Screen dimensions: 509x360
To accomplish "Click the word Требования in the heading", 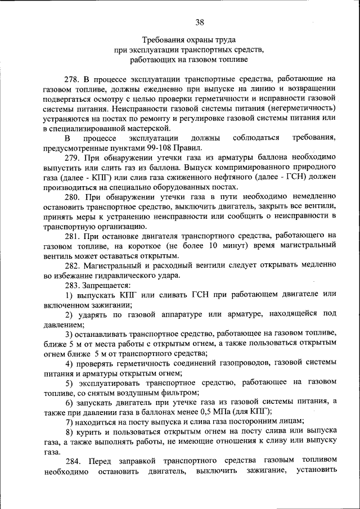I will [x=162, y=40].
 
